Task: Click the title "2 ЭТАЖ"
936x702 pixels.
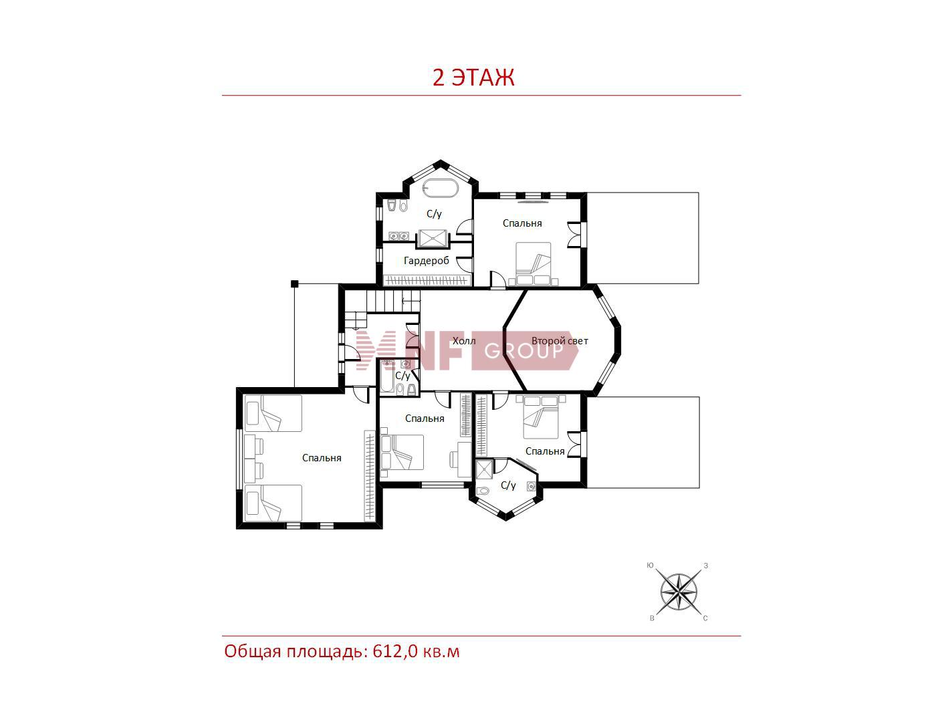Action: (473, 78)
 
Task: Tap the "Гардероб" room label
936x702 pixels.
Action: (426, 261)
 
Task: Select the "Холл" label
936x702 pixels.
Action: (464, 340)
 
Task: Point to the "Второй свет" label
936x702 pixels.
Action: (560, 340)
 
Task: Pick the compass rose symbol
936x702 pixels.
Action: (679, 592)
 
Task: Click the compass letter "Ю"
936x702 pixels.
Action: (650, 565)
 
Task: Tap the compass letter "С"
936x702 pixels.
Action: (705, 618)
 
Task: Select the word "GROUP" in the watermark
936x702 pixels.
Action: (523, 350)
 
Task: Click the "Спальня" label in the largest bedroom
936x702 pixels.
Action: (322, 458)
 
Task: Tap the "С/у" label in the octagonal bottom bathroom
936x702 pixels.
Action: (508, 485)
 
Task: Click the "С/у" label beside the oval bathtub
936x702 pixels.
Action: (434, 213)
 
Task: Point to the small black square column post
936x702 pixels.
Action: (294, 283)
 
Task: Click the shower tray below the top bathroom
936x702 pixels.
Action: (433, 239)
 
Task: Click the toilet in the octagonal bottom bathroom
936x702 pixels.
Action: (482, 491)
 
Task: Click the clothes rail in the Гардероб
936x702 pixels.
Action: (427, 280)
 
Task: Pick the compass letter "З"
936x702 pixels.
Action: (706, 566)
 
